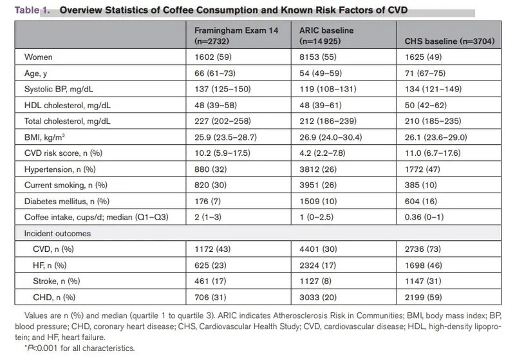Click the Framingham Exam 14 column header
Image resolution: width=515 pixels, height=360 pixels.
click(x=236, y=35)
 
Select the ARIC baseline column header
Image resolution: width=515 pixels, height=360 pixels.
click(x=326, y=35)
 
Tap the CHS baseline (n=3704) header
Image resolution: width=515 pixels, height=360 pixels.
click(x=449, y=41)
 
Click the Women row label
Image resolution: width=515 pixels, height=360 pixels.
click(x=39, y=57)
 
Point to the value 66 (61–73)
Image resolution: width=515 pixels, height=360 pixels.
click(x=215, y=73)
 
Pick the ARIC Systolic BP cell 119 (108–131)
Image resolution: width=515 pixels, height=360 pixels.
click(x=328, y=89)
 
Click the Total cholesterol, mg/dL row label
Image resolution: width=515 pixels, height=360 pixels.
click(x=68, y=121)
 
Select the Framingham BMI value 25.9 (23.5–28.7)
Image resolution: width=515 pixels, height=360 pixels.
click(x=226, y=137)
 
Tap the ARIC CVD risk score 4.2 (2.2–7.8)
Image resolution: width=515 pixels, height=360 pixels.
click(x=323, y=153)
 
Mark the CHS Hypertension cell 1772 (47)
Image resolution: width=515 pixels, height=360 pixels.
click(x=422, y=169)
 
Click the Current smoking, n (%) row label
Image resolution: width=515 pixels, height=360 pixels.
click(x=66, y=185)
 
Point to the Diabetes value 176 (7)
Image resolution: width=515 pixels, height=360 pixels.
click(x=207, y=202)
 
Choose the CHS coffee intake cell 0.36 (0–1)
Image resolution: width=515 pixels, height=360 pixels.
click(x=424, y=217)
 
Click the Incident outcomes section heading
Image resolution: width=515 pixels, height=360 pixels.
click(x=57, y=234)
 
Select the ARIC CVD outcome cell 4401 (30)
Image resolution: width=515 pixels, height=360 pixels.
click(x=318, y=249)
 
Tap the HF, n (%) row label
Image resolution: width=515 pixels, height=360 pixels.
click(x=50, y=265)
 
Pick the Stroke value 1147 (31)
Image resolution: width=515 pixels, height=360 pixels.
click(x=423, y=281)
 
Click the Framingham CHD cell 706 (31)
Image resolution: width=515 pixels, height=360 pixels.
click(x=211, y=298)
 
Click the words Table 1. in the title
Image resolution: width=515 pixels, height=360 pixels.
click(x=32, y=10)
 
